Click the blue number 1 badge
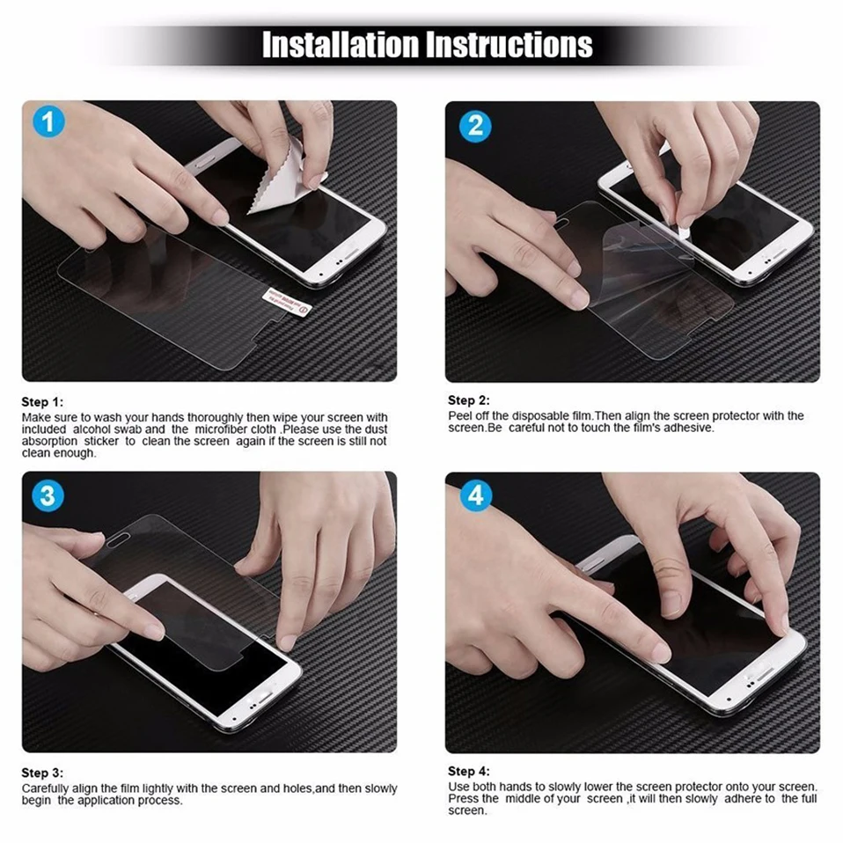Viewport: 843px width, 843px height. pyautogui.click(x=48, y=121)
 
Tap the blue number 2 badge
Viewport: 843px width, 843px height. pyautogui.click(x=476, y=125)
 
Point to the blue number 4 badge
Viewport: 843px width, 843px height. pyautogui.click(x=475, y=496)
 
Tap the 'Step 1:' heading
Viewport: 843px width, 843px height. pyautogui.click(x=42, y=402)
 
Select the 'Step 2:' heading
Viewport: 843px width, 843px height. pyautogui.click(x=468, y=400)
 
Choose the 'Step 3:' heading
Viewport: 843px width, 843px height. pyautogui.click(x=42, y=773)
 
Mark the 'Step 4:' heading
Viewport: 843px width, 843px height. pyautogui.click(x=468, y=771)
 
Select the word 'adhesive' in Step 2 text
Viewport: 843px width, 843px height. pyautogui.click(x=685, y=428)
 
